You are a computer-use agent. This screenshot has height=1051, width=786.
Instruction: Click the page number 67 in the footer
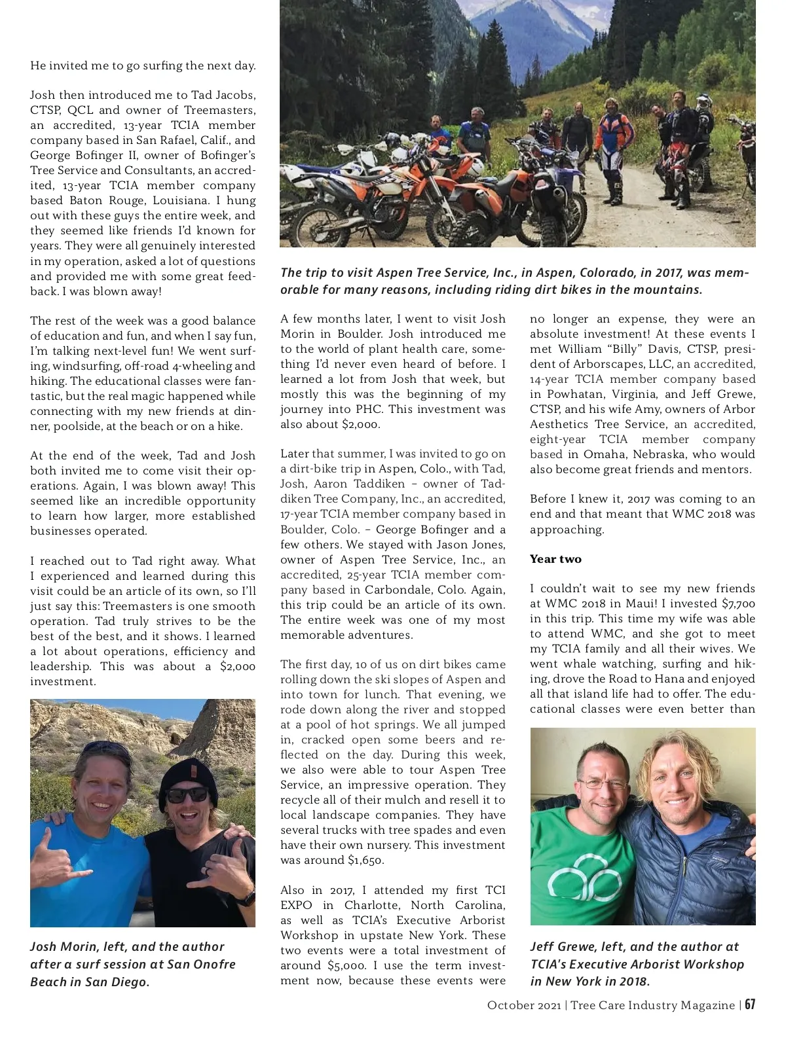coord(749,1005)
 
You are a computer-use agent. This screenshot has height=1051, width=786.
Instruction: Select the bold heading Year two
coord(555,559)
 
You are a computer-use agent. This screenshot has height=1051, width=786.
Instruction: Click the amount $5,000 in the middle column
coord(347,965)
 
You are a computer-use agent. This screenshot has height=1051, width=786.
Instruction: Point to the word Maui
coord(630,603)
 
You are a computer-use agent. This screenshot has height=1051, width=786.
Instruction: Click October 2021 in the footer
coord(523,1005)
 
